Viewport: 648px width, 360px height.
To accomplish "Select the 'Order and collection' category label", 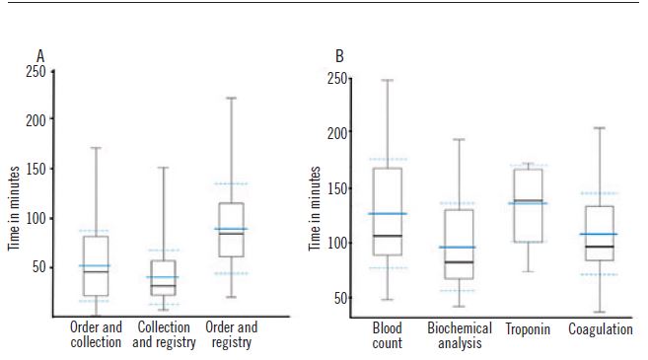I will [96, 335].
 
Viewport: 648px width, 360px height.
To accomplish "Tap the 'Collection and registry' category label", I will [164, 335].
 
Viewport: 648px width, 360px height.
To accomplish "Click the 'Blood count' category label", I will [387, 335].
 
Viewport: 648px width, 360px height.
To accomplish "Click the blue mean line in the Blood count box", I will [387, 213].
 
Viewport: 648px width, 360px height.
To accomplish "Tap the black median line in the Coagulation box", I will [600, 247].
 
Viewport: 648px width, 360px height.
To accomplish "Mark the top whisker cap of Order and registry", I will [231, 98].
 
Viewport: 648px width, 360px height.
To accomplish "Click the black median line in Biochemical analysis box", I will [459, 262].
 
